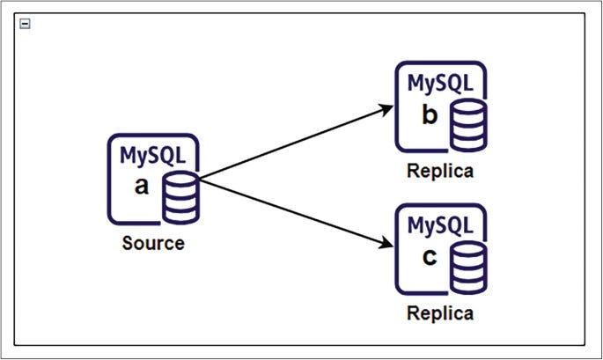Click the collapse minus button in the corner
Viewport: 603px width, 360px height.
click(x=25, y=25)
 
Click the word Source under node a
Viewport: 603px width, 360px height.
click(x=153, y=243)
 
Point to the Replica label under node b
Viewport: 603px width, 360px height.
click(x=439, y=171)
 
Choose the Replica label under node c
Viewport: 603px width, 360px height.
click(x=439, y=313)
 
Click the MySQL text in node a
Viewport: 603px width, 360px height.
click(x=153, y=156)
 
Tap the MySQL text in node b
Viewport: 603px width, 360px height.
click(x=440, y=84)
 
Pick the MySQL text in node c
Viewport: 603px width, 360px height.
click(x=440, y=226)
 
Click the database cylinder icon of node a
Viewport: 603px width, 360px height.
click(x=180, y=198)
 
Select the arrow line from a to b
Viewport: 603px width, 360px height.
click(x=290, y=144)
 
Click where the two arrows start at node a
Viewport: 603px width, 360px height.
click(x=201, y=180)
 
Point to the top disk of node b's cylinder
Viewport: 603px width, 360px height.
click(x=467, y=108)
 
